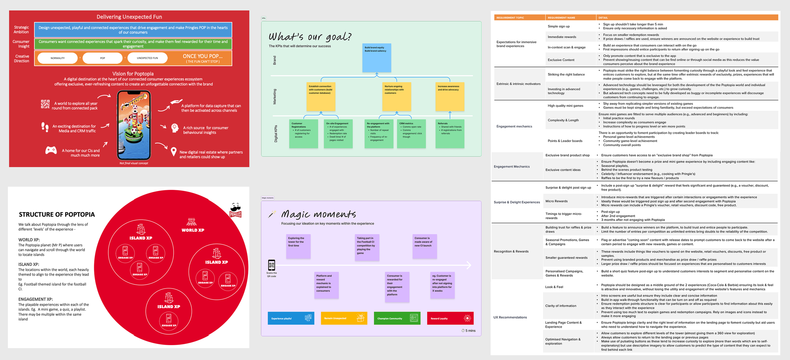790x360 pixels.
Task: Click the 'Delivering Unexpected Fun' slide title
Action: point(129,17)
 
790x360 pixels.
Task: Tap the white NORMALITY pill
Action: point(58,58)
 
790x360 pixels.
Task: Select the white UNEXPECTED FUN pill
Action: point(147,58)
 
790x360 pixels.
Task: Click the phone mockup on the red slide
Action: point(134,125)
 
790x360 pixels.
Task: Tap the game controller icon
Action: point(51,150)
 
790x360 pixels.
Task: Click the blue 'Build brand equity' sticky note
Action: point(376,58)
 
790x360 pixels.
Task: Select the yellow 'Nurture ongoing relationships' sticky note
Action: point(397,96)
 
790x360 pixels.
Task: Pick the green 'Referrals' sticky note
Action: point(450,133)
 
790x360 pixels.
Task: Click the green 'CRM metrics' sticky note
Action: point(411,133)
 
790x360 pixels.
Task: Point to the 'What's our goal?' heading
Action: point(310,37)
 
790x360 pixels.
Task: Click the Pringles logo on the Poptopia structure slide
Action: point(235,211)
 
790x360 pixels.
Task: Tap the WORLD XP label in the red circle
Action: point(193,230)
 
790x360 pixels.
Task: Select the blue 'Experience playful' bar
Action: point(291,318)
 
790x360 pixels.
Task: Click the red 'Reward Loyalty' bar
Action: point(450,318)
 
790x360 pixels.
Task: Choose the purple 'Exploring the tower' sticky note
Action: point(298,246)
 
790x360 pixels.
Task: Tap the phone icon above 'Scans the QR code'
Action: point(271,265)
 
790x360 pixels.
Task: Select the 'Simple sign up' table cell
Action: point(559,26)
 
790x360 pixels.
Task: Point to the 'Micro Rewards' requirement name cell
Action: point(556,201)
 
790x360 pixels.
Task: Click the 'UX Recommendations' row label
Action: point(510,317)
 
